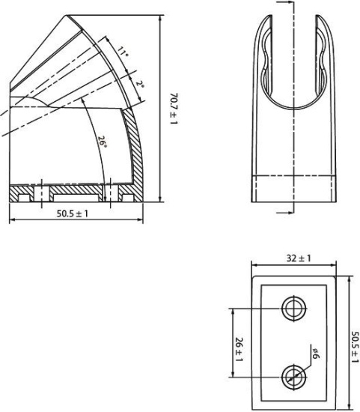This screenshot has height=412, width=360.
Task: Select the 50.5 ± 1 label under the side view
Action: click(x=73, y=213)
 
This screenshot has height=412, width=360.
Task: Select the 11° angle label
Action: click(x=123, y=54)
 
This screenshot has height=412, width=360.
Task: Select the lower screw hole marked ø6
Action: click(x=293, y=375)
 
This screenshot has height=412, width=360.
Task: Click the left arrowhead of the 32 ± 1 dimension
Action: click(x=253, y=265)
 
